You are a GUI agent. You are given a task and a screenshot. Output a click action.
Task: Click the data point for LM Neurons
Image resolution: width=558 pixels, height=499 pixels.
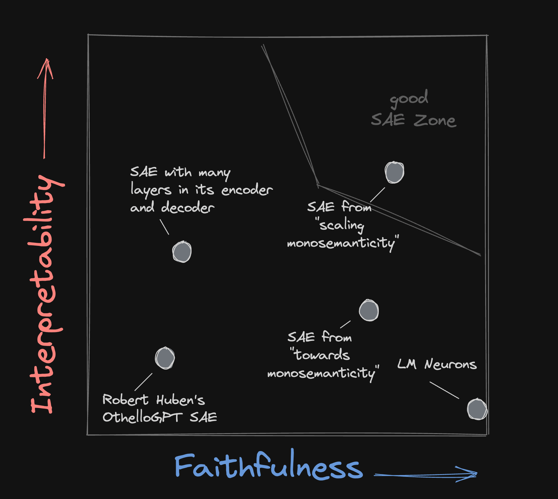477,409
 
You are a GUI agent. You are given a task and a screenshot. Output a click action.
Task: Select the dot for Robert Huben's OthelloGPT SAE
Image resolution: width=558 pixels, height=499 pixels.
165,358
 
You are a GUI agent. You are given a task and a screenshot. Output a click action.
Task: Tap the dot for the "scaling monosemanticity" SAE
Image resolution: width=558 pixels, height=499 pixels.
394,172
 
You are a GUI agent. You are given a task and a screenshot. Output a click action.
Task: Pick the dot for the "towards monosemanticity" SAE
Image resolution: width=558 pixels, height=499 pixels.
369,311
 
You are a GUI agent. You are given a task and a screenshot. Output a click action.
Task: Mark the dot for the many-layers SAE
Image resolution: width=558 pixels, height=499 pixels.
182,252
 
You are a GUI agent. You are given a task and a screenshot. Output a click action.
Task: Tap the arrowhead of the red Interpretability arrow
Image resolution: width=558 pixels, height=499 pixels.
46,65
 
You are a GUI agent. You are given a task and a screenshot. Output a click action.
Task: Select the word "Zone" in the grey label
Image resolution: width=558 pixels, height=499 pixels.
435,121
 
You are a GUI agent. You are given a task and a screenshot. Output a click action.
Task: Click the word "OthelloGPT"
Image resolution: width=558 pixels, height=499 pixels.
142,417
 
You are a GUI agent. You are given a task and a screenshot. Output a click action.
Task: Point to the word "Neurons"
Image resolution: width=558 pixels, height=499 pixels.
451,364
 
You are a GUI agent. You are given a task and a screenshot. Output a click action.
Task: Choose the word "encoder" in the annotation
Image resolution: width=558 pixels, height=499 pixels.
247,190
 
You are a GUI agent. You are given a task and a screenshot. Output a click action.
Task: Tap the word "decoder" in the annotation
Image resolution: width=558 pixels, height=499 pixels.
188,208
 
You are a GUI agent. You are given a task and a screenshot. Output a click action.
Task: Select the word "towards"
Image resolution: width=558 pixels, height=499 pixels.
322,355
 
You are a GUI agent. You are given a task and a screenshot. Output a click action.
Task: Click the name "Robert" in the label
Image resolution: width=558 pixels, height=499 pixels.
125,399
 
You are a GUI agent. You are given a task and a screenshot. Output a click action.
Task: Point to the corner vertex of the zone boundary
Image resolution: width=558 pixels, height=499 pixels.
318,185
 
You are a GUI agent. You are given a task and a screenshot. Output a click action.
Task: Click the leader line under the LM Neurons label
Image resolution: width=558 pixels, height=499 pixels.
444,390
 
